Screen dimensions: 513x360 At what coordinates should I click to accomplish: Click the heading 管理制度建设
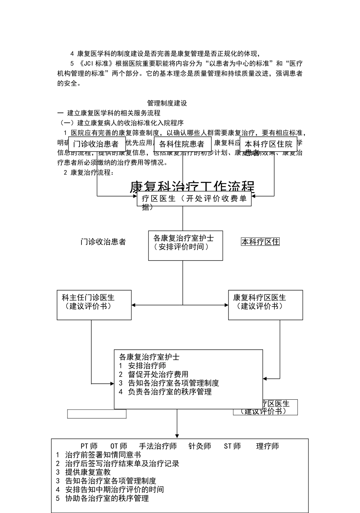point(167,103)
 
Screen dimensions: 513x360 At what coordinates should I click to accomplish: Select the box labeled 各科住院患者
point(182,144)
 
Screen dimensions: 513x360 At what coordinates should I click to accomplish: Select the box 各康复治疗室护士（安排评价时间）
point(185,245)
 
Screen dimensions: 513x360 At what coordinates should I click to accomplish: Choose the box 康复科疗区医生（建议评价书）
point(265,305)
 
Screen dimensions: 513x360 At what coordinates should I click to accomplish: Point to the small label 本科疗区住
point(260,242)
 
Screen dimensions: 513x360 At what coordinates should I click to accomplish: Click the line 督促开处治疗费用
point(158,374)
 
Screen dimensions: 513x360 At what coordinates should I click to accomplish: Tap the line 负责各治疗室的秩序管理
point(169,392)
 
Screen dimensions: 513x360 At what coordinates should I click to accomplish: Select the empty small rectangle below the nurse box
point(97,414)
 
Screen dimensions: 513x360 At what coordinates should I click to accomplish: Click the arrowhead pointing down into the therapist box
point(177,436)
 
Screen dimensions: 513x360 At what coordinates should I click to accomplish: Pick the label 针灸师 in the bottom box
point(200,446)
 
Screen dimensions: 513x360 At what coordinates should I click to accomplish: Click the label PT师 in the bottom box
point(89,446)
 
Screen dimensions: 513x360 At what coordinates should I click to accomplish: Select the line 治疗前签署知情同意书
point(103,455)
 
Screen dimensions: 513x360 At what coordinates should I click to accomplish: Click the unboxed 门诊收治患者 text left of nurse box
point(103,242)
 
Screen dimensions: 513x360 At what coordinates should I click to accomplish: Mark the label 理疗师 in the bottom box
point(268,446)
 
